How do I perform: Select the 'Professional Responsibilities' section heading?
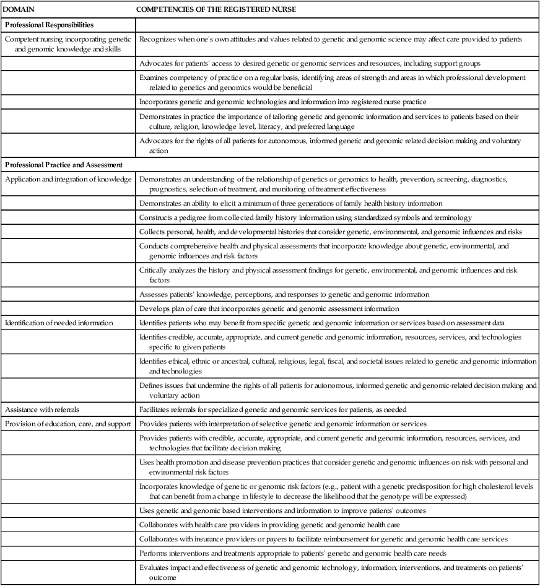pos(49,25)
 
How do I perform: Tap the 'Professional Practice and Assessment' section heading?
pos(65,165)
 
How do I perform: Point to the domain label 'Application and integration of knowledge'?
pos(68,179)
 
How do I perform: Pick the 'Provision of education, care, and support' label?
pos(67,423)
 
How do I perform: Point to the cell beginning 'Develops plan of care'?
pos(269,308)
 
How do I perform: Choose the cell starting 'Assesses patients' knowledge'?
pos(284,294)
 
